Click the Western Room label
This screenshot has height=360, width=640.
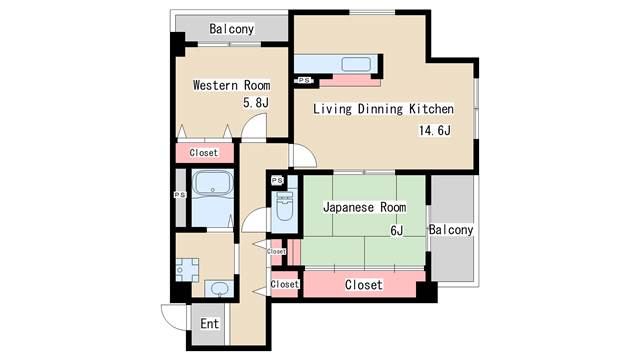tap(231, 85)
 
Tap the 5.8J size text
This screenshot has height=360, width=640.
tap(256, 102)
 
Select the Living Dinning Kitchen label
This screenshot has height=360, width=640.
tap(383, 109)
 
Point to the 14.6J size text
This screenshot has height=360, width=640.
tap(435, 131)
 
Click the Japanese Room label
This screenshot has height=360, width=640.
tap(364, 207)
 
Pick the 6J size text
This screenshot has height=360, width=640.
tap(397, 231)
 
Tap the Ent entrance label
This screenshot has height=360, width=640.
tap(209, 324)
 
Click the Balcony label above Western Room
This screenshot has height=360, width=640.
tap(231, 29)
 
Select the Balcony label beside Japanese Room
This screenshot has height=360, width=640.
tap(451, 230)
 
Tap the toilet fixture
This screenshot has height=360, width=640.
tap(285, 205)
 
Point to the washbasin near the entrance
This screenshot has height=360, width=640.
tap(220, 289)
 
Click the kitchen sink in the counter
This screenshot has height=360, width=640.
tap(356, 64)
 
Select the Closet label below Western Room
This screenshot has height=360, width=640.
tap(204, 153)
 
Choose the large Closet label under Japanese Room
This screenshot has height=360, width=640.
tap(364, 284)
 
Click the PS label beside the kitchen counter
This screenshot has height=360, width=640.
tap(304, 80)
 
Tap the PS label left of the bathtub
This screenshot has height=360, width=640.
tap(180, 195)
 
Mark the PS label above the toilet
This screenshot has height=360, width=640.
tap(277, 180)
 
